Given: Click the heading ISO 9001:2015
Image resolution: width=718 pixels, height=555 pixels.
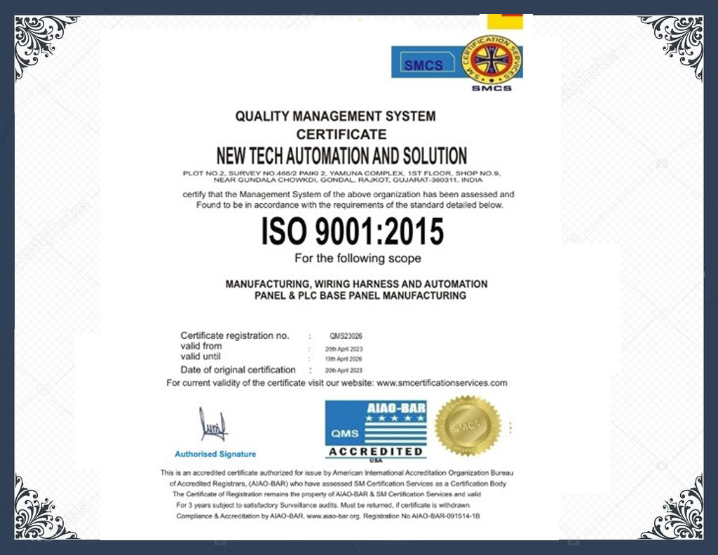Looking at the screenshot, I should coord(353,232).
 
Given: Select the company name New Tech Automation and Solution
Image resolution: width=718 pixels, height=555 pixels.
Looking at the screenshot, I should coord(341,155).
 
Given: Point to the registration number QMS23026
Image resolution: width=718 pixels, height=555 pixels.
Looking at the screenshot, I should coord(346,336).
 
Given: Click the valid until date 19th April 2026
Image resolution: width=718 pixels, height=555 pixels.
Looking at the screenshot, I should coord(344,359).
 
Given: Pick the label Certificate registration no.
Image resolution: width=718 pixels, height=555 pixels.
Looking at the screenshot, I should coord(234,335).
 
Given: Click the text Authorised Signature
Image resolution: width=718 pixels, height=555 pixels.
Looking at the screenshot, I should coord(215,454).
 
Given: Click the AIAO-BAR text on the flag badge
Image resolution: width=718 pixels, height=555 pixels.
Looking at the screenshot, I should coord(397,408).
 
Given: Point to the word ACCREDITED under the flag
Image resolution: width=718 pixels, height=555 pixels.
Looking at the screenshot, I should coord(376,451).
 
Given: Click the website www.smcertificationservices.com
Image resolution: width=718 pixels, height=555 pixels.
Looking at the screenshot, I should coord(442,383).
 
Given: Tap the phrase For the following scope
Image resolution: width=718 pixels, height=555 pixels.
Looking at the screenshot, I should coord(358,258).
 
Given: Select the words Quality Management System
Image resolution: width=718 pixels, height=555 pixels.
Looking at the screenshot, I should coord(335,116).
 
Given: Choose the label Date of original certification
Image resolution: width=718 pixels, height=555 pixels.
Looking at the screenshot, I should coord(238,370).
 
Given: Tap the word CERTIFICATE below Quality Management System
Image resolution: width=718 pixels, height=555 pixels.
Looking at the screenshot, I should coord(341,134).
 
